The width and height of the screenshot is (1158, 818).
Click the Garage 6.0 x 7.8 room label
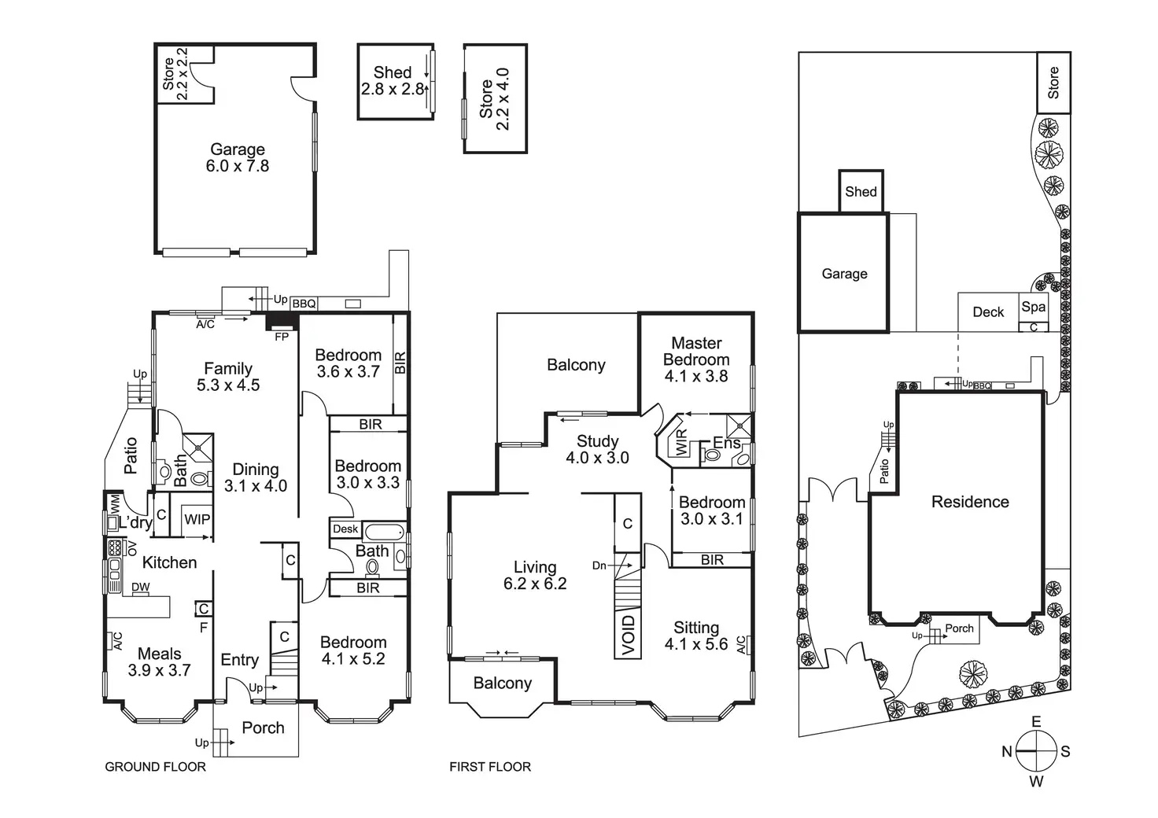238,157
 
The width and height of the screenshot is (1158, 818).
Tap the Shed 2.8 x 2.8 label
393,81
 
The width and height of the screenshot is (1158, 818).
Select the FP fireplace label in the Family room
281,337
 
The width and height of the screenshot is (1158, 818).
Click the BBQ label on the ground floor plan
304,304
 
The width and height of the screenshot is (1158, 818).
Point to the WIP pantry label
197,519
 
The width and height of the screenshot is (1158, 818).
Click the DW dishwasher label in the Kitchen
141,587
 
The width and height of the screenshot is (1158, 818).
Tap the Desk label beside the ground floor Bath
345,529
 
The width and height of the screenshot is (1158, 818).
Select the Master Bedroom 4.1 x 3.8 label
696,359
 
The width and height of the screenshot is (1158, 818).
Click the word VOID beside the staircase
628,634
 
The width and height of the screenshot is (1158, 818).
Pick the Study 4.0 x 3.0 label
597,449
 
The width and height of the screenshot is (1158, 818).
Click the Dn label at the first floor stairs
599,566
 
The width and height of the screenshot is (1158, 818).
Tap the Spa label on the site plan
1034,308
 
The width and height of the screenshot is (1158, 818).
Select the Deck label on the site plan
988,312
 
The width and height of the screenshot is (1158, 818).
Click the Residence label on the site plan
970,502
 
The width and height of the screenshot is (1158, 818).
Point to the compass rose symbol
1035,751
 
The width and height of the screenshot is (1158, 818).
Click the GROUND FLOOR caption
156,767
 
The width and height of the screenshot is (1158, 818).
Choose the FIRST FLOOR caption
490,767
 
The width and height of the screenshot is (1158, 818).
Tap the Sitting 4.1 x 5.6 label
696,636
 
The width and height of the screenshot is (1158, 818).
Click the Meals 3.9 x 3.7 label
160,661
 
